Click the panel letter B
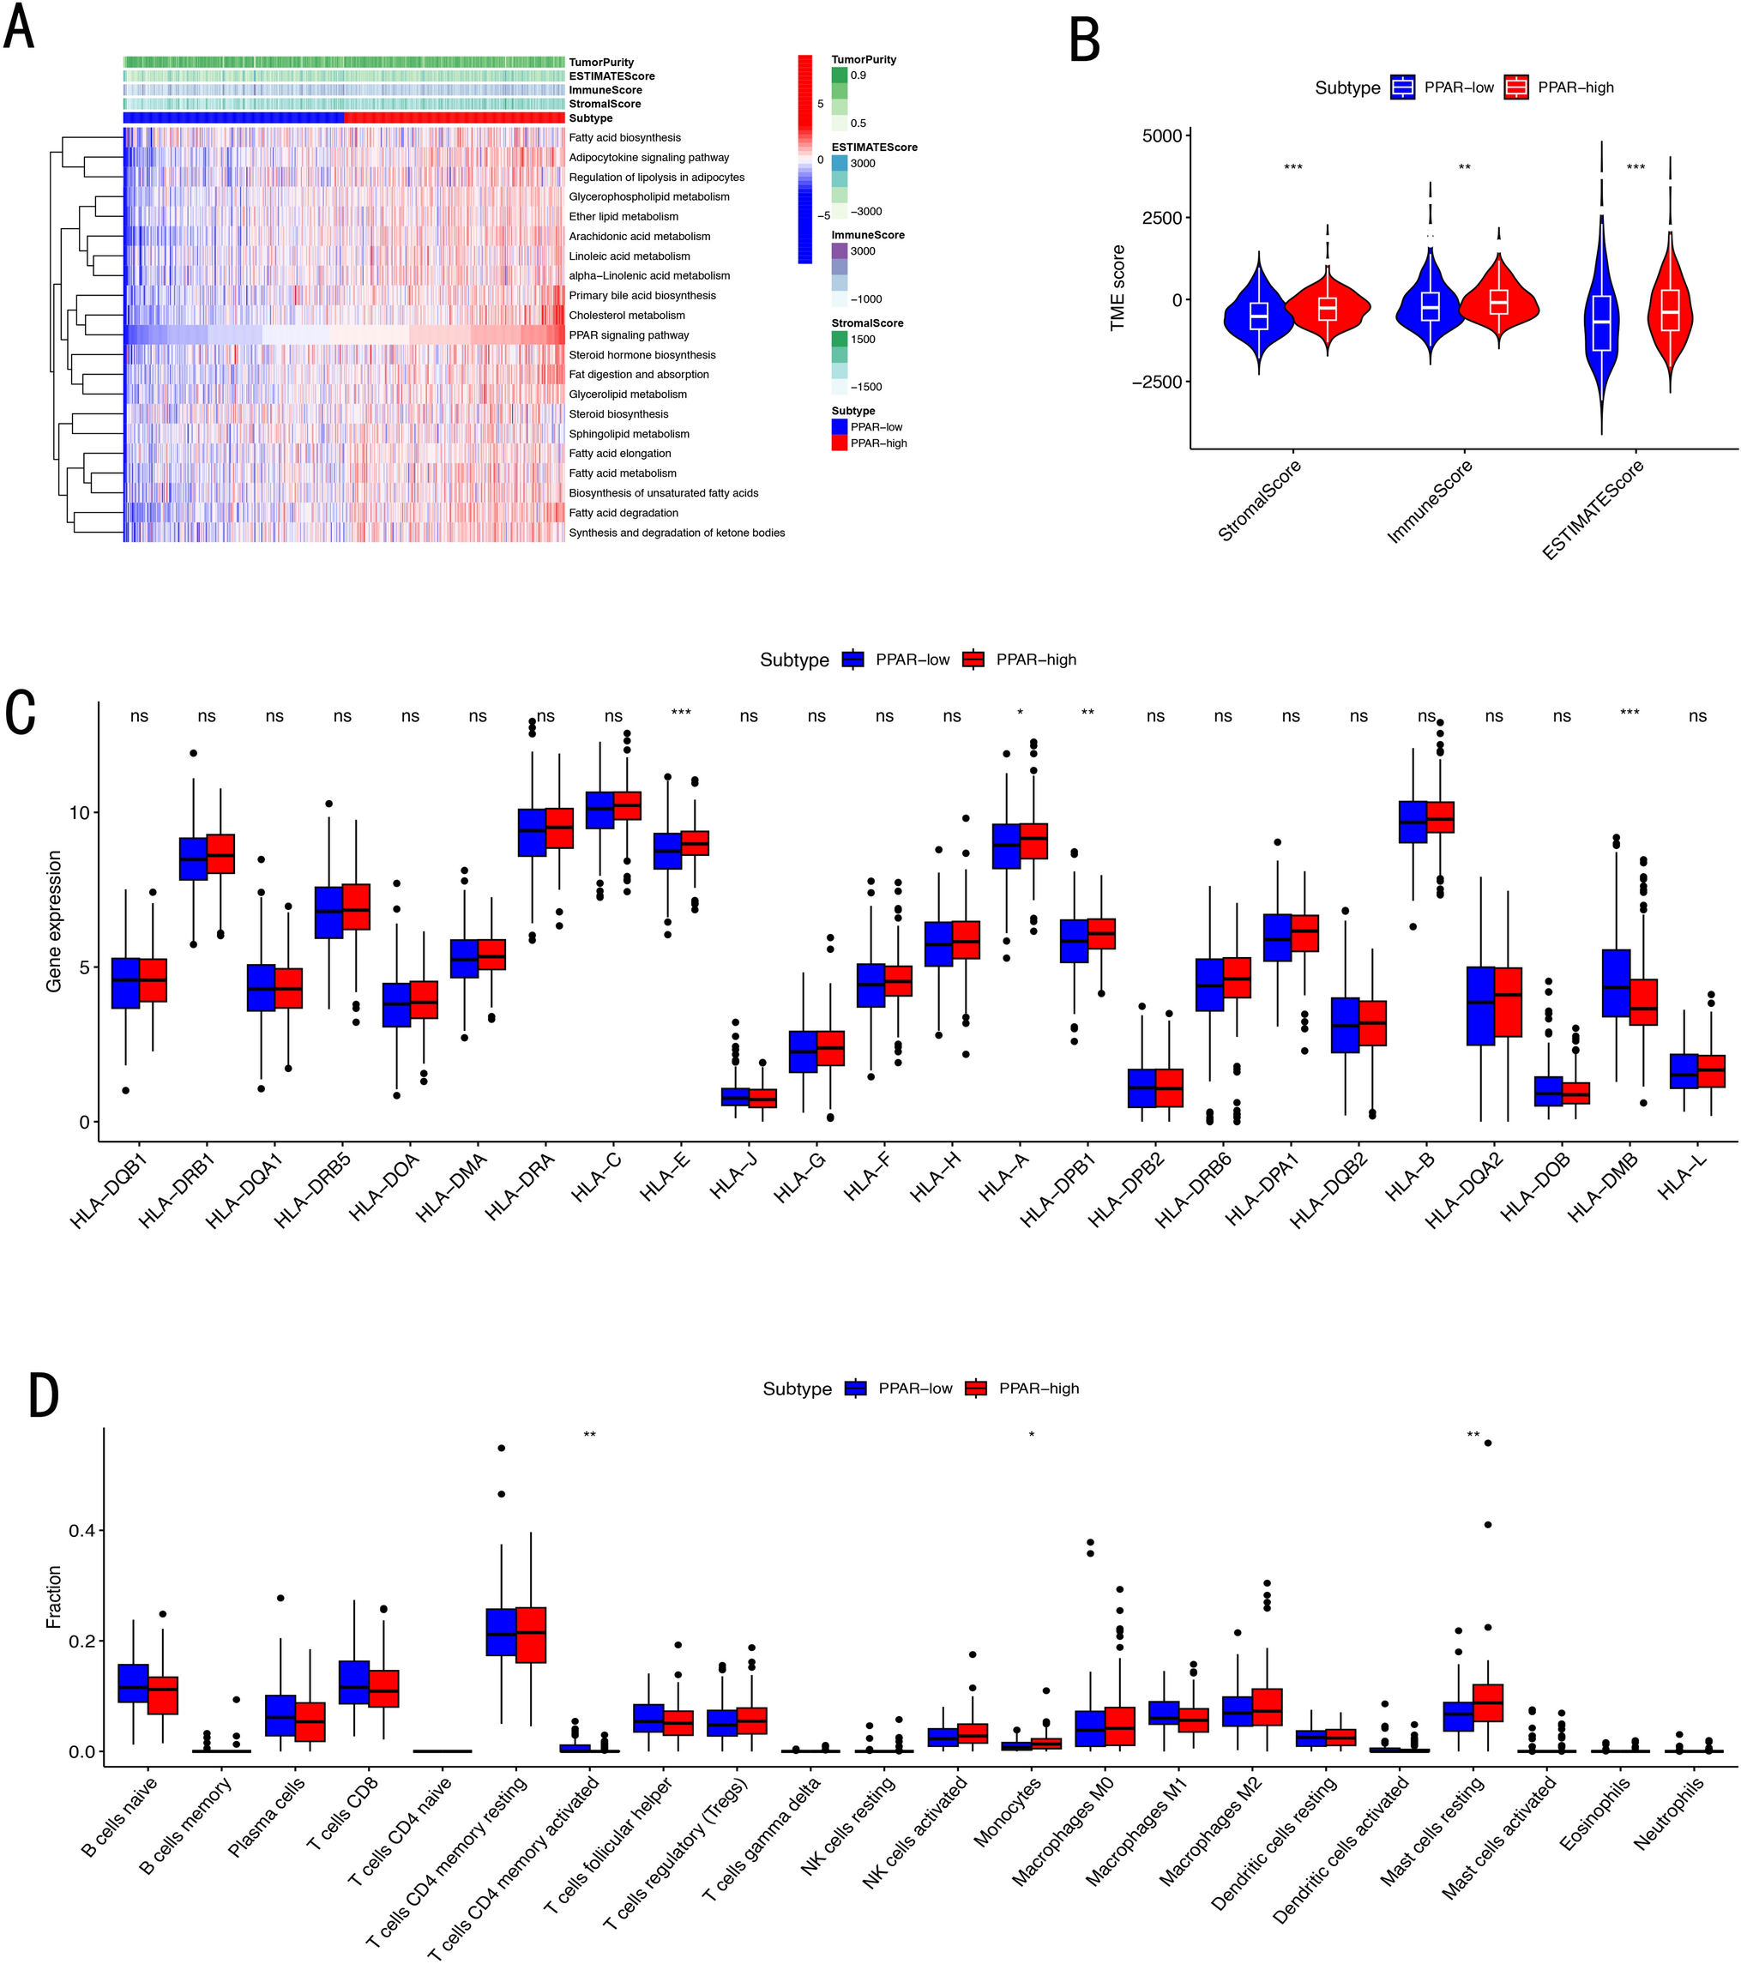[x=1085, y=40]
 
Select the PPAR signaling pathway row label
[x=629, y=335]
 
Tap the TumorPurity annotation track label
[x=600, y=63]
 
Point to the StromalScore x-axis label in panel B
[x=1260, y=501]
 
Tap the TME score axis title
[x=1117, y=288]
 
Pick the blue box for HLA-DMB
[x=1616, y=983]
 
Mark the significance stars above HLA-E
[x=681, y=713]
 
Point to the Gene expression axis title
[x=54, y=921]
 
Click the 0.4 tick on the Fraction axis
[x=81, y=1531]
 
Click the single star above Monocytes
[x=1032, y=1436]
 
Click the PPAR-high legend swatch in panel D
[x=976, y=1389]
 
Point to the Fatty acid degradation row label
[x=623, y=513]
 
